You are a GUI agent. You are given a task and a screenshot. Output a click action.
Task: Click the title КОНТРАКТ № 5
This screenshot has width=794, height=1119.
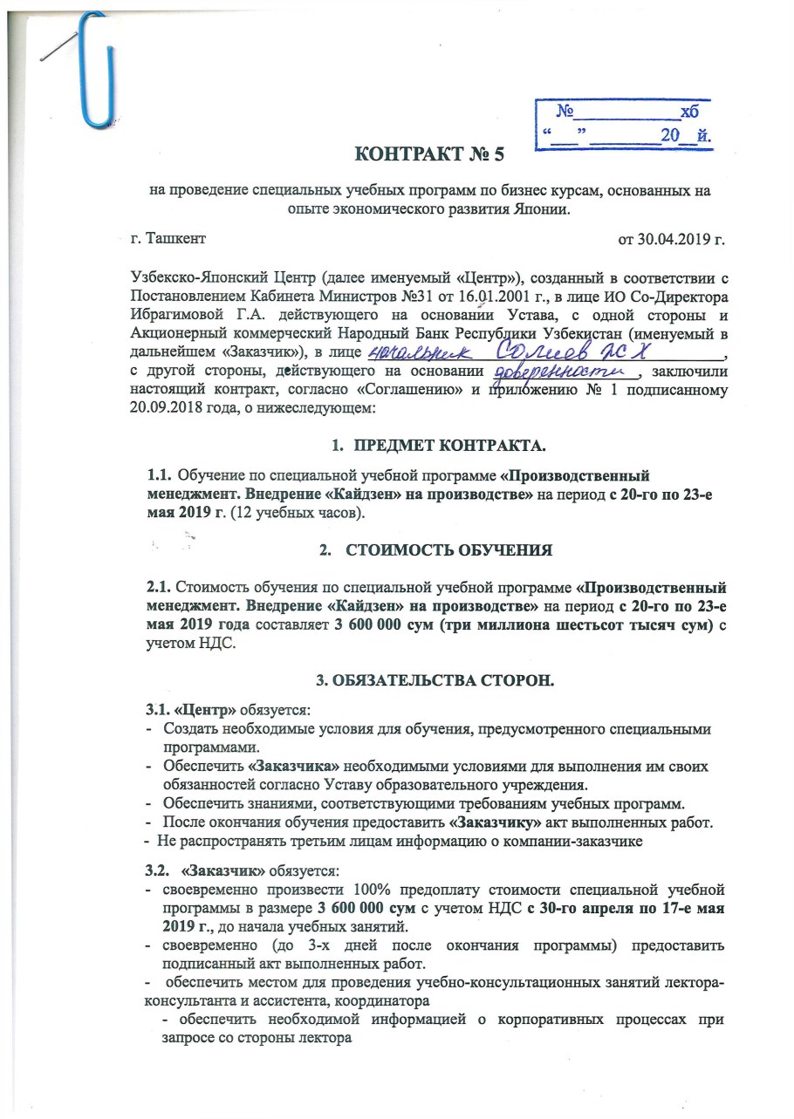429,156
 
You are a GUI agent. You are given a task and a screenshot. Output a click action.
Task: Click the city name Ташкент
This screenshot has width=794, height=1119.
175,236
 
